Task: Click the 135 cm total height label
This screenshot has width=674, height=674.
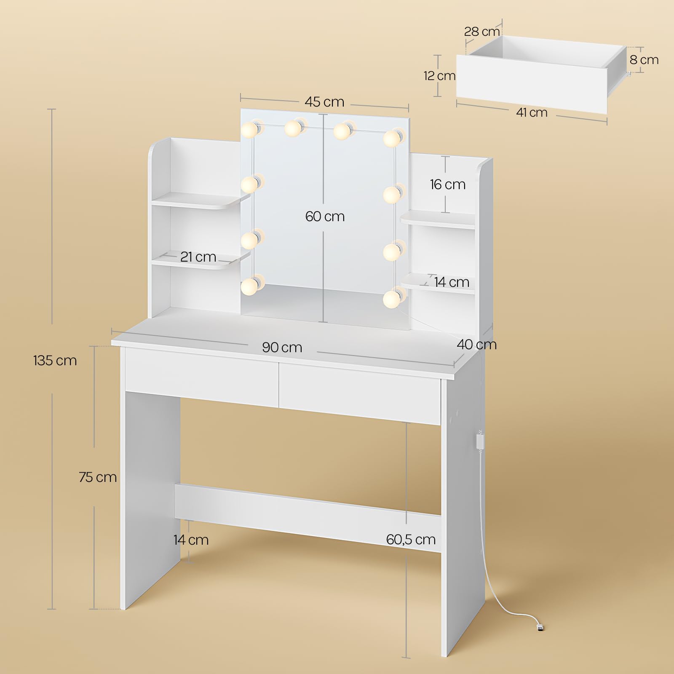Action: [55, 361]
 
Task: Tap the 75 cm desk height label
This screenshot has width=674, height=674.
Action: [98, 477]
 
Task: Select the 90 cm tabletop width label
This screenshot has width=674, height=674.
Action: [282, 348]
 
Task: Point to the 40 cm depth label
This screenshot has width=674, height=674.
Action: [477, 345]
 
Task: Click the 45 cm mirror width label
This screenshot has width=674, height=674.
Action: [324, 102]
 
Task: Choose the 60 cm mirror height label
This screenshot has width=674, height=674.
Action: [325, 217]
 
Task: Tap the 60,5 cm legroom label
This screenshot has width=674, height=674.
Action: [411, 540]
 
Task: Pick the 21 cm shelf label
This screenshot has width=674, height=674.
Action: [198, 257]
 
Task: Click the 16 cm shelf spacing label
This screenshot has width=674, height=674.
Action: [448, 185]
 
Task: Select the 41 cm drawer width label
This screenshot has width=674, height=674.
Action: [532, 112]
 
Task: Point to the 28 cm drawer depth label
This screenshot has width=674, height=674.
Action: [482, 32]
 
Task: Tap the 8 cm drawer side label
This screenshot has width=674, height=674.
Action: [644, 60]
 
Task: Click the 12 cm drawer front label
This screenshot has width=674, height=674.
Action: [439, 76]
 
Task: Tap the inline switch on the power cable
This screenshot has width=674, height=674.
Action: [479, 443]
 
